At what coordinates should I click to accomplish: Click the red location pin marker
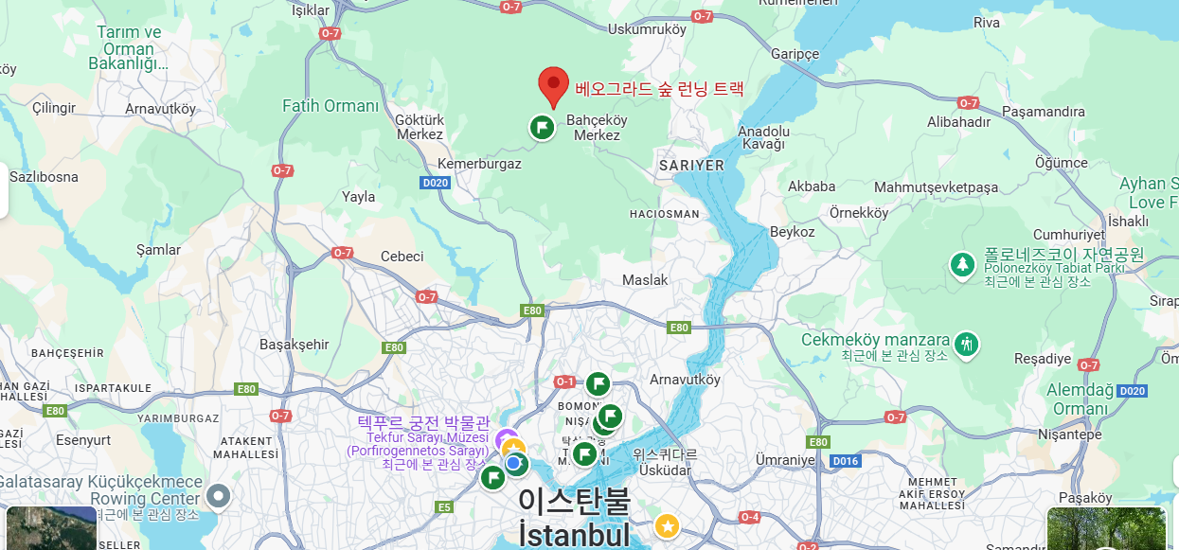click(553, 86)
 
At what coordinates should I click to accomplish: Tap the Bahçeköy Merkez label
click(597, 128)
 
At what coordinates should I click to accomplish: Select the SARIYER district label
click(690, 165)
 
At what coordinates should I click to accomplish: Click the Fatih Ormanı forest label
click(330, 106)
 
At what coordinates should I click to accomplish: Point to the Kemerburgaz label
click(479, 164)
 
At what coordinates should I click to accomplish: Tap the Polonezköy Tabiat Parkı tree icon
click(963, 264)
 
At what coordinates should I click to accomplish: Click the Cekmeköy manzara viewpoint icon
click(967, 343)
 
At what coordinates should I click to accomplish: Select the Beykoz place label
click(792, 232)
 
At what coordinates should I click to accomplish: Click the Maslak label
click(645, 280)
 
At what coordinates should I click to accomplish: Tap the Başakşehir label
click(295, 345)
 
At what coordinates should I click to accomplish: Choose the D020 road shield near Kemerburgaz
click(436, 183)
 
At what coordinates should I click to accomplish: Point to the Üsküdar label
click(665, 470)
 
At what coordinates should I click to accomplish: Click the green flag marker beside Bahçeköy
click(542, 127)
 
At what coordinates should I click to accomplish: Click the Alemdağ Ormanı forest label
click(1081, 399)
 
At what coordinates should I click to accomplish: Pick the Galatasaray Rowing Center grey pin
click(219, 495)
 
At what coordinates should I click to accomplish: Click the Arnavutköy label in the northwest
click(160, 109)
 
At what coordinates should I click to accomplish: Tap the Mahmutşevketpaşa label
click(936, 187)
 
